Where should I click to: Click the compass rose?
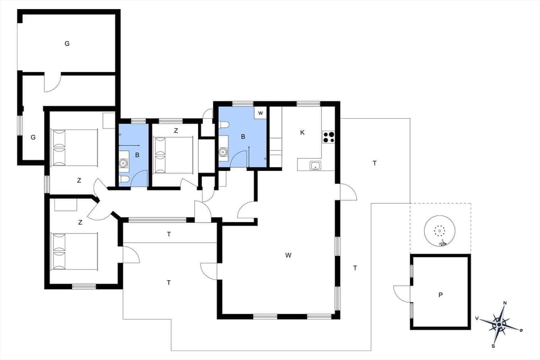point(498,324)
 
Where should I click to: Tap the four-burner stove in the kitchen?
point(328,138)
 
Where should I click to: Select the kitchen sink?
point(315,165)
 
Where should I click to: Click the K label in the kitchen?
point(302,133)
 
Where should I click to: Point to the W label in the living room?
point(288,255)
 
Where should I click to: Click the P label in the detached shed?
point(440,294)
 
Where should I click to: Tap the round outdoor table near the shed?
point(439,231)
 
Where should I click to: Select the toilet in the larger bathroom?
point(224,124)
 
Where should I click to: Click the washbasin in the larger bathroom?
point(224,151)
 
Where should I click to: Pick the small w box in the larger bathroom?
point(260,113)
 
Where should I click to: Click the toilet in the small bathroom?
point(124,179)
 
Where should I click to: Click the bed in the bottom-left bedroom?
point(74,251)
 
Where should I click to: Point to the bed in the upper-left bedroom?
point(74,148)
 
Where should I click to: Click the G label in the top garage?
point(67,43)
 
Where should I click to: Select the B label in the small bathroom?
point(137,154)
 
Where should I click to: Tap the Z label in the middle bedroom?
point(175,130)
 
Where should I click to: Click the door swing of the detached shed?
point(402,292)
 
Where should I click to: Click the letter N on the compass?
point(505,303)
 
